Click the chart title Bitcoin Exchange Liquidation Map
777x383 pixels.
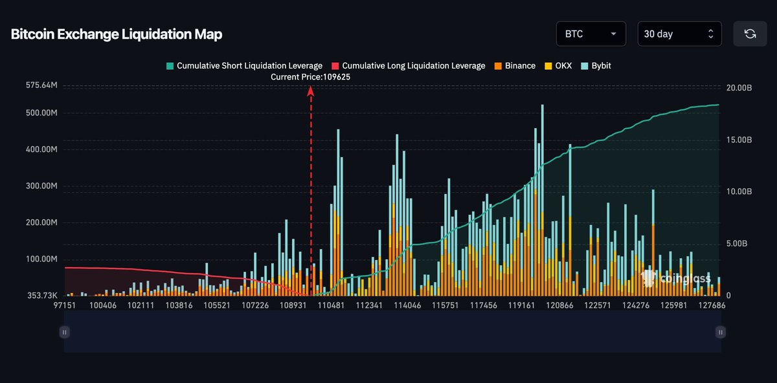pyautogui.click(x=117, y=34)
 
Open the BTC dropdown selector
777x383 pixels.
pyautogui.click(x=591, y=34)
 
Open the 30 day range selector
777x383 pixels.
pyautogui.click(x=679, y=34)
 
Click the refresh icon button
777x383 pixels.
pyautogui.click(x=750, y=34)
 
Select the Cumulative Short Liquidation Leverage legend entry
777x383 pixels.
pyautogui.click(x=244, y=66)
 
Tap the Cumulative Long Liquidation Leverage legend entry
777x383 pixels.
pyautogui.click(x=408, y=66)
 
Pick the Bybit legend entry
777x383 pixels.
pyautogui.click(x=597, y=66)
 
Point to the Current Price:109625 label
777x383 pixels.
pyautogui.click(x=311, y=76)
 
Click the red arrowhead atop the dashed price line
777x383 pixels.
pyautogui.click(x=311, y=91)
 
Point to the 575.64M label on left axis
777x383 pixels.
pyautogui.click(x=41, y=85)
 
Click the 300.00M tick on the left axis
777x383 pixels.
pyautogui.click(x=41, y=186)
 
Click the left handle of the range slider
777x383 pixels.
pyautogui.click(x=64, y=332)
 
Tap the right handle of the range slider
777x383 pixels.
pyautogui.click(x=721, y=332)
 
